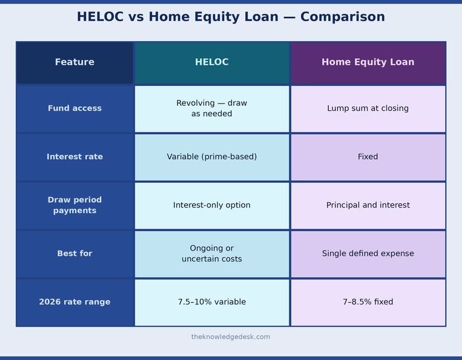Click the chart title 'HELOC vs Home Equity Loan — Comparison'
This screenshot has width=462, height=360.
[231, 17]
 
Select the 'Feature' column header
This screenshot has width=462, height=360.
[74, 62]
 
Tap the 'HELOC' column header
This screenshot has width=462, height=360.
[212, 62]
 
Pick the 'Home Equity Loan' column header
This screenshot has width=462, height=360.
[368, 62]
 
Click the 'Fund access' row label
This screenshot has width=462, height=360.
[74, 108]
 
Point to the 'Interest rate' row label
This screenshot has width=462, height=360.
[74, 157]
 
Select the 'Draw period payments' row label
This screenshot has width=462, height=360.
[74, 205]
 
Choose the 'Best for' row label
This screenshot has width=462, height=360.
[74, 254]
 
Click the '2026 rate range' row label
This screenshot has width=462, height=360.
[74, 302]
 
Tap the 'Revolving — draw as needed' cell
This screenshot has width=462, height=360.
[212, 108]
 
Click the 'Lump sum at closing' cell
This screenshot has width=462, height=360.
[368, 108]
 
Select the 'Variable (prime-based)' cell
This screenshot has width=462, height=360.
[212, 157]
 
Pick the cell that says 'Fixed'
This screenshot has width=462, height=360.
[368, 157]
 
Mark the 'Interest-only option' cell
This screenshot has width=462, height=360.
[212, 205]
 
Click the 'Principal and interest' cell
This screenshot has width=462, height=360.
[368, 205]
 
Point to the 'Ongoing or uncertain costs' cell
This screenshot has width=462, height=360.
[212, 254]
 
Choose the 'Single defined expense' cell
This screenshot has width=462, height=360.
[368, 254]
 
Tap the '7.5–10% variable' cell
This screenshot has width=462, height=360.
[212, 302]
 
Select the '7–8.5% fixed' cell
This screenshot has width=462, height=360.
[368, 302]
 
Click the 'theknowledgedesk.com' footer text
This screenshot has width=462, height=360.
[231, 337]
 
